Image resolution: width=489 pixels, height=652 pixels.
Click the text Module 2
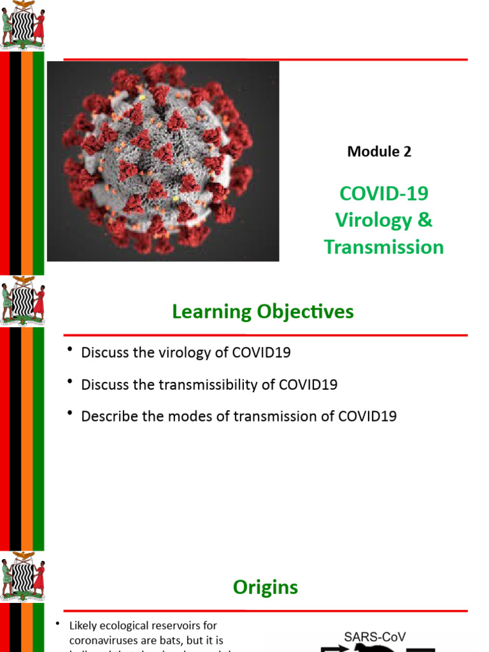pos(379,152)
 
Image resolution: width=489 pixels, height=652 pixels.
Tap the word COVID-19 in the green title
pos(383,193)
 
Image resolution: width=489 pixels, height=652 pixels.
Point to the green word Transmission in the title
pos(383,247)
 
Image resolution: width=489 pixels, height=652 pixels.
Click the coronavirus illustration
pos(163,161)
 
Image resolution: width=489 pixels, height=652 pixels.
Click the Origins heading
pos(266,587)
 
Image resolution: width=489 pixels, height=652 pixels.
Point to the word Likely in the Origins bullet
pos(85,625)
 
